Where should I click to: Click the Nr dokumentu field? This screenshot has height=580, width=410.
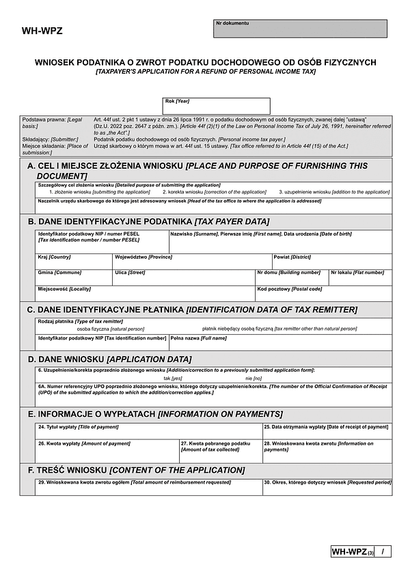[x=300, y=29]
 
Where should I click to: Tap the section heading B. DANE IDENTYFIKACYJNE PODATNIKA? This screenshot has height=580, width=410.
[x=148, y=221]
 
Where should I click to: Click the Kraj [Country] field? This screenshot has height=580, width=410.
[x=74, y=262]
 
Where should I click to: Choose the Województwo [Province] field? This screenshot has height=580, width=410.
[x=192, y=262]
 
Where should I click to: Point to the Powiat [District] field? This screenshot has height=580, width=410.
[x=331, y=262]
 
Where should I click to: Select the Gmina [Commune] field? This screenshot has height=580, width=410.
[x=74, y=277]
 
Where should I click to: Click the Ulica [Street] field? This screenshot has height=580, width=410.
[x=184, y=277]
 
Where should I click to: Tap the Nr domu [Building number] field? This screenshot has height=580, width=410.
[x=291, y=277]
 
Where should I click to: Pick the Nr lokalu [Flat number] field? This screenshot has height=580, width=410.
[x=360, y=277]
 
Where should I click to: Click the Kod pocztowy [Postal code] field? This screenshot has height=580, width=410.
[x=323, y=293]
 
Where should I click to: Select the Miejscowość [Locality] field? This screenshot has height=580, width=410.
[x=145, y=293]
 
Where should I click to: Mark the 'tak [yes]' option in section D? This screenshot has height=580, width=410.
[x=173, y=378]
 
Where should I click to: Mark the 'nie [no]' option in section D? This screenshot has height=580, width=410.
[x=254, y=378]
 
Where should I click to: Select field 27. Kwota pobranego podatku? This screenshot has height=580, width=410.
[x=220, y=452]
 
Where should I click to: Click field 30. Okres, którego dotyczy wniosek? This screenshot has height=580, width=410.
[x=327, y=487]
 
